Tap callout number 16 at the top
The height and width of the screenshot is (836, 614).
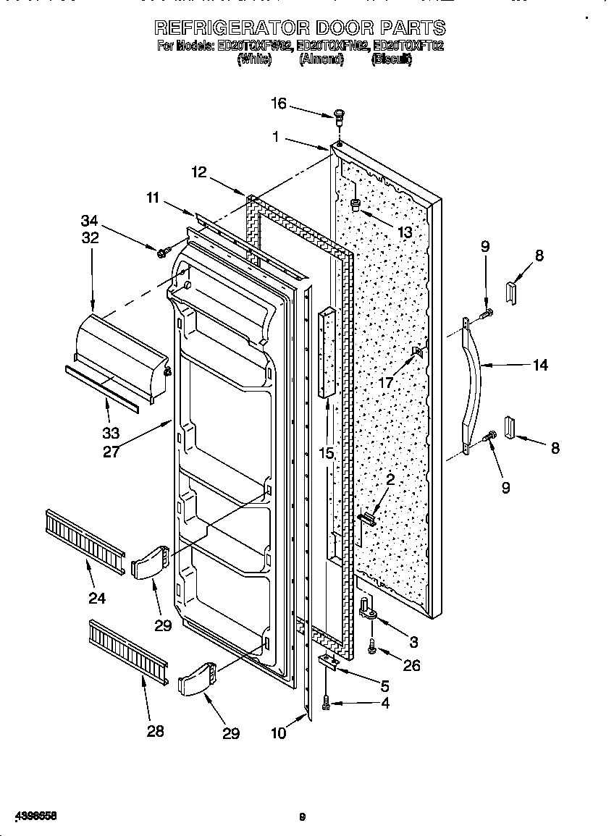tap(279, 104)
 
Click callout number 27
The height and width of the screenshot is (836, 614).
tap(111, 451)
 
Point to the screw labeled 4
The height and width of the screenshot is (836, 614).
tap(327, 702)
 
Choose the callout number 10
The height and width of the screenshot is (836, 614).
tap(278, 733)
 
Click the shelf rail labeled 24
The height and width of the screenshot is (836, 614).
tap(84, 536)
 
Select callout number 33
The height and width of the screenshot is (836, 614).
tap(110, 434)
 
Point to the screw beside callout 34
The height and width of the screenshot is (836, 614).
tap(163, 252)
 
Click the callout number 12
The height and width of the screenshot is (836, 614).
tap(199, 172)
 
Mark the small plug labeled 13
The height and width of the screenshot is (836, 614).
tap(356, 205)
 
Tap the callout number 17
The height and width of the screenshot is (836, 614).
tap(387, 382)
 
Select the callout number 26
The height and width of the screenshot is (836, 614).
tap(411, 666)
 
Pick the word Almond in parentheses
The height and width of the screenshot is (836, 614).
tap(321, 61)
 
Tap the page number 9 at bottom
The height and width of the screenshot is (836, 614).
tap(303, 817)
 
